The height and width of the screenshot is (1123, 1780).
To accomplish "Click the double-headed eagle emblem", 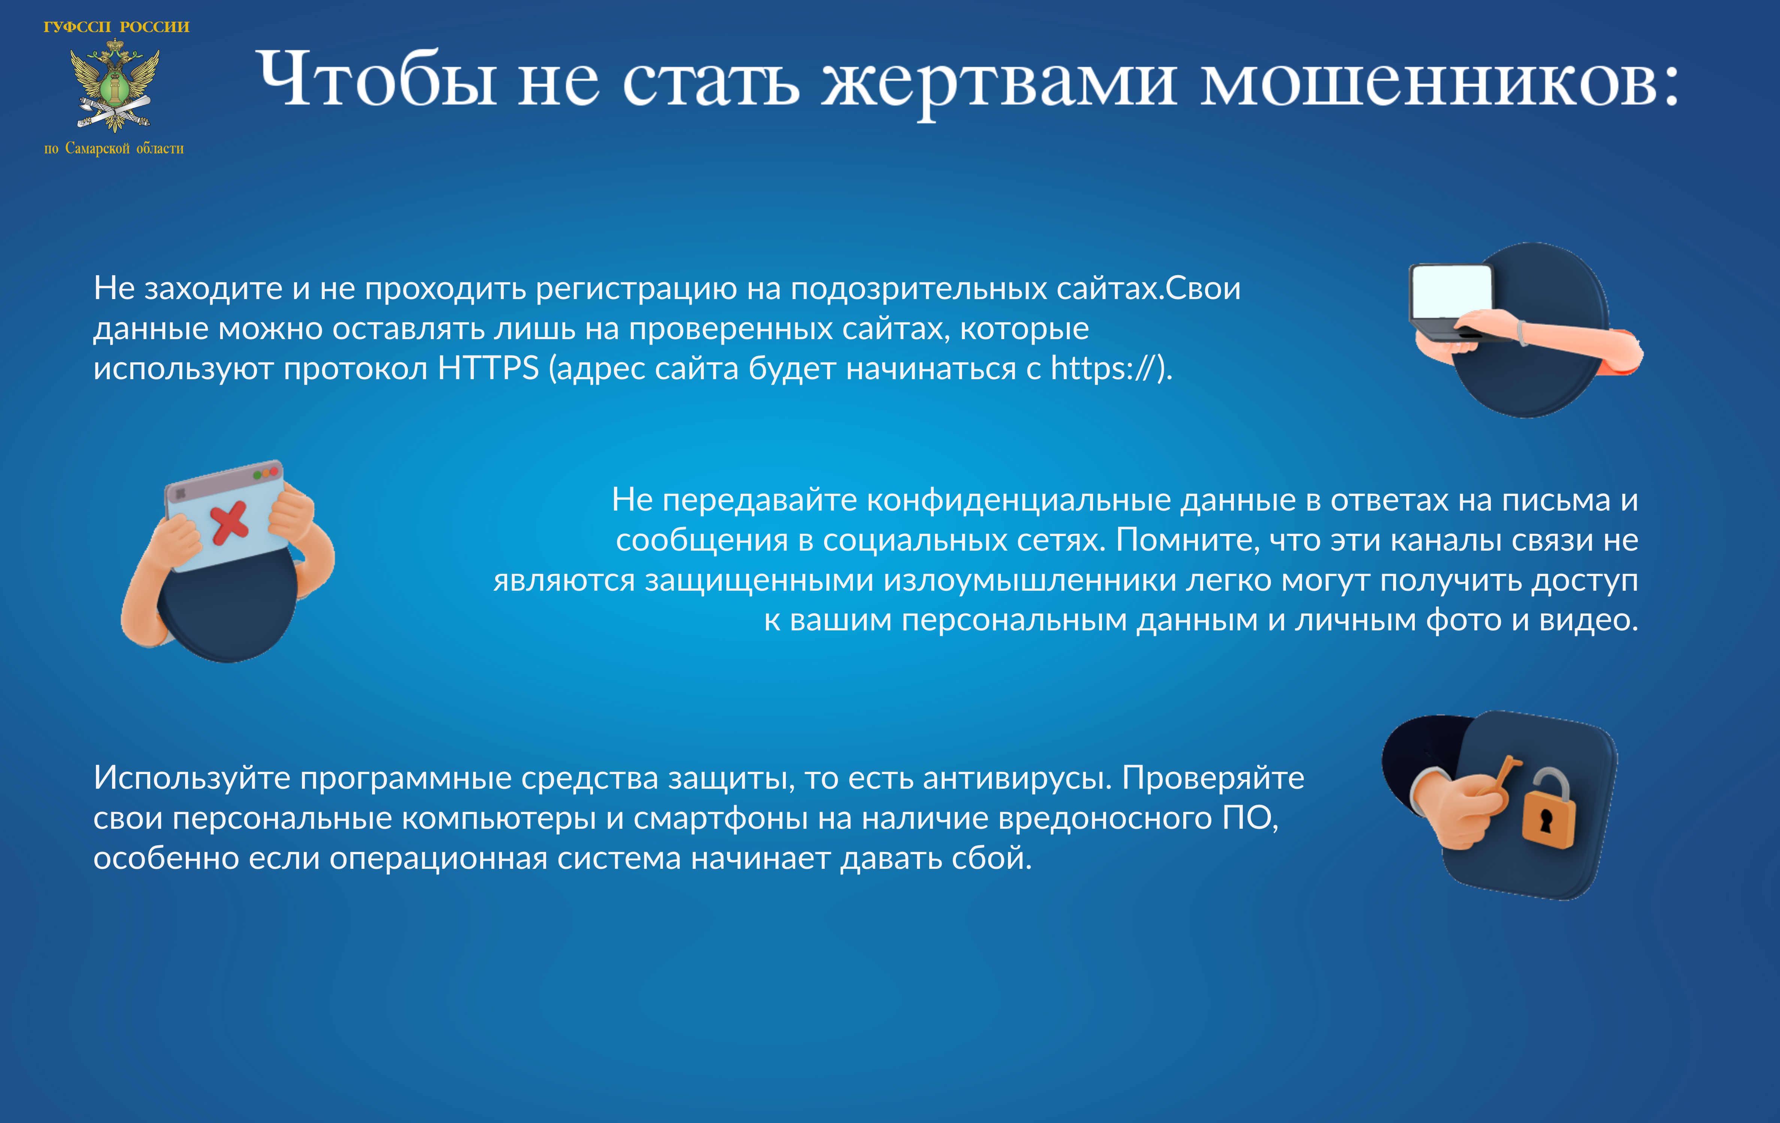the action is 115,85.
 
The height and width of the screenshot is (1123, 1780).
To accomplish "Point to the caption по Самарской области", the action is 114,149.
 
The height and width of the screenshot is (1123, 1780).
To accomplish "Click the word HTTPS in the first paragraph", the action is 488,368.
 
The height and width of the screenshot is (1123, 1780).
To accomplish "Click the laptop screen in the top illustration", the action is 1451,290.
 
